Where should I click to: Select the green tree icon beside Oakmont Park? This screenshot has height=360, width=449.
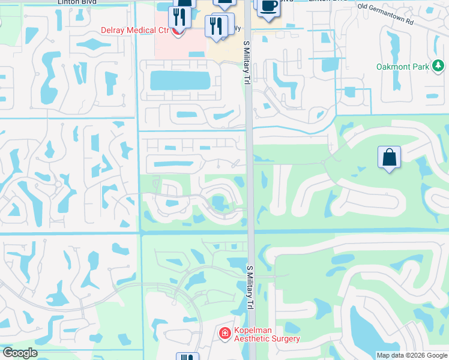(x=439, y=66)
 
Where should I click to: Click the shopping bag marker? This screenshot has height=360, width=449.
(x=390, y=158)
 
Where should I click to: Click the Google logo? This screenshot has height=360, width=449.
(x=20, y=353)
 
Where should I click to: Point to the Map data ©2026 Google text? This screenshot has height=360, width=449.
(x=412, y=355)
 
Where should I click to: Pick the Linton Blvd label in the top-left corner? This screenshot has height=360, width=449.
(x=77, y=2)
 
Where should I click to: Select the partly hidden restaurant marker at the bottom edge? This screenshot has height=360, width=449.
(x=187, y=356)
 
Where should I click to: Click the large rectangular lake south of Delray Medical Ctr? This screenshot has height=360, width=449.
(x=179, y=80)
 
